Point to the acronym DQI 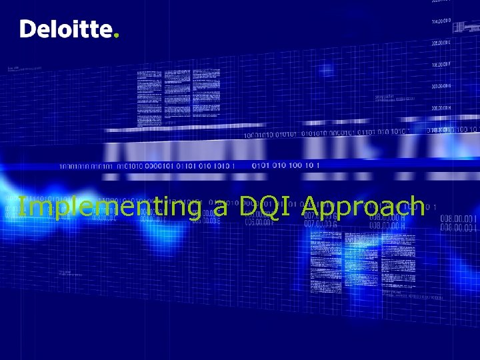click(x=266, y=207)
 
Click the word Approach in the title click(x=363, y=207)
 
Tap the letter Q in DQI click(x=267, y=207)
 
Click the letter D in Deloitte click(x=28, y=29)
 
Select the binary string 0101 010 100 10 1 click(x=286, y=165)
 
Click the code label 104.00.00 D click(x=441, y=21)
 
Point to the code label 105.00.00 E click(x=441, y=43)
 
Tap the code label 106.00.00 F click(x=441, y=65)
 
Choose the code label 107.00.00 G click(x=441, y=86)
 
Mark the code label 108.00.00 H click(x=441, y=107)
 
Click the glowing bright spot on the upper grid click(x=326, y=70)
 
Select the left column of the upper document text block click(x=154, y=97)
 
